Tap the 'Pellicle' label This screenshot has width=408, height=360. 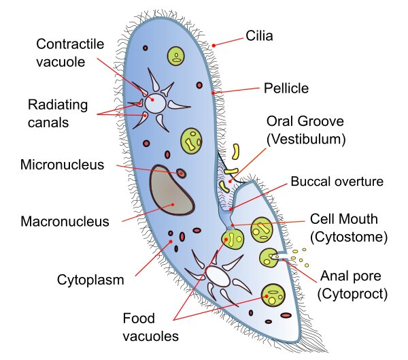click(286, 88)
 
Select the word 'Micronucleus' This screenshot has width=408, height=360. click(62, 165)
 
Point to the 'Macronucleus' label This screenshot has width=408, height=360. click(65, 221)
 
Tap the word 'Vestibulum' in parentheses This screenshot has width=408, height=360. click(306, 139)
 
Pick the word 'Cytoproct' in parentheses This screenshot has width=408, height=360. click(352, 293)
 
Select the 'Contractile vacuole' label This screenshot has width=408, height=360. click(70, 54)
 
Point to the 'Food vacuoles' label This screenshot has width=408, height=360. click(150, 327)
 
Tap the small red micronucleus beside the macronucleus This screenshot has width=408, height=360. click(182, 174)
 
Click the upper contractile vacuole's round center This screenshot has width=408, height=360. click(156, 103)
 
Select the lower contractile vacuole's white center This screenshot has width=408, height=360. click(218, 276)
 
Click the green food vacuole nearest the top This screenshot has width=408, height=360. click(177, 56)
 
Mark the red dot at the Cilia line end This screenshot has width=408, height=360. click(214, 45)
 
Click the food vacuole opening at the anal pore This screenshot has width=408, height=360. click(270, 257)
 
